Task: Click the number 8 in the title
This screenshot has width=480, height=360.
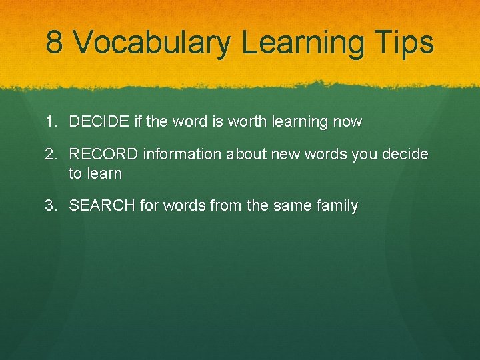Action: click(x=55, y=42)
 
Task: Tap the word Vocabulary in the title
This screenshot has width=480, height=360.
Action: click(x=152, y=43)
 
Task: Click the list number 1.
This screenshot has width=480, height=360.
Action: click(x=51, y=122)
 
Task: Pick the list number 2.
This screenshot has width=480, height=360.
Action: click(x=51, y=155)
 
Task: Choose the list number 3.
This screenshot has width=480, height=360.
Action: click(x=51, y=206)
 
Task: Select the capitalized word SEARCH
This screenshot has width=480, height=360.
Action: click(x=102, y=206)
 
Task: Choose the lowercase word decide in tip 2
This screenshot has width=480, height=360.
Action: click(x=405, y=155)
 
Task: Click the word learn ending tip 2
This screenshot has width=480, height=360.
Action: click(x=105, y=174)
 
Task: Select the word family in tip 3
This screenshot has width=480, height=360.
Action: click(x=338, y=206)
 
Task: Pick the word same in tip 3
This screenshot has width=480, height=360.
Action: click(x=291, y=206)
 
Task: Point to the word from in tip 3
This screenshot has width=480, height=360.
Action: click(x=225, y=206)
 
